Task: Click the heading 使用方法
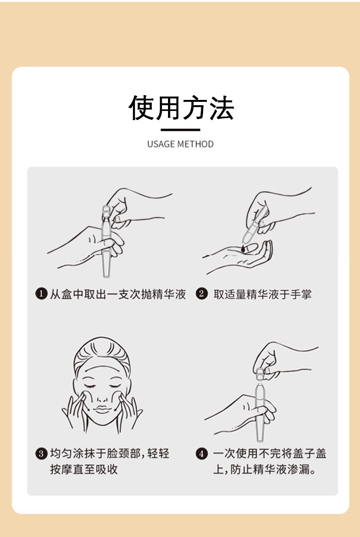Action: point(181,108)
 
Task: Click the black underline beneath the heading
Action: point(180,130)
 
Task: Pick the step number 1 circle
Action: point(41,294)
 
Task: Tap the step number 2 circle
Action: point(202,294)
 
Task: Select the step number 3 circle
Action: point(41,454)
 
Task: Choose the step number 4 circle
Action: point(202,454)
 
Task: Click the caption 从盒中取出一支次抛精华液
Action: point(118,294)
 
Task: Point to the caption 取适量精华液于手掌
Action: point(263,294)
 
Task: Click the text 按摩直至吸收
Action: point(84,469)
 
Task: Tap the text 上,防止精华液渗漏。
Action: point(264,469)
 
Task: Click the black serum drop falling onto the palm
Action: point(243,249)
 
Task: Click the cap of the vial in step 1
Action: point(107,212)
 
